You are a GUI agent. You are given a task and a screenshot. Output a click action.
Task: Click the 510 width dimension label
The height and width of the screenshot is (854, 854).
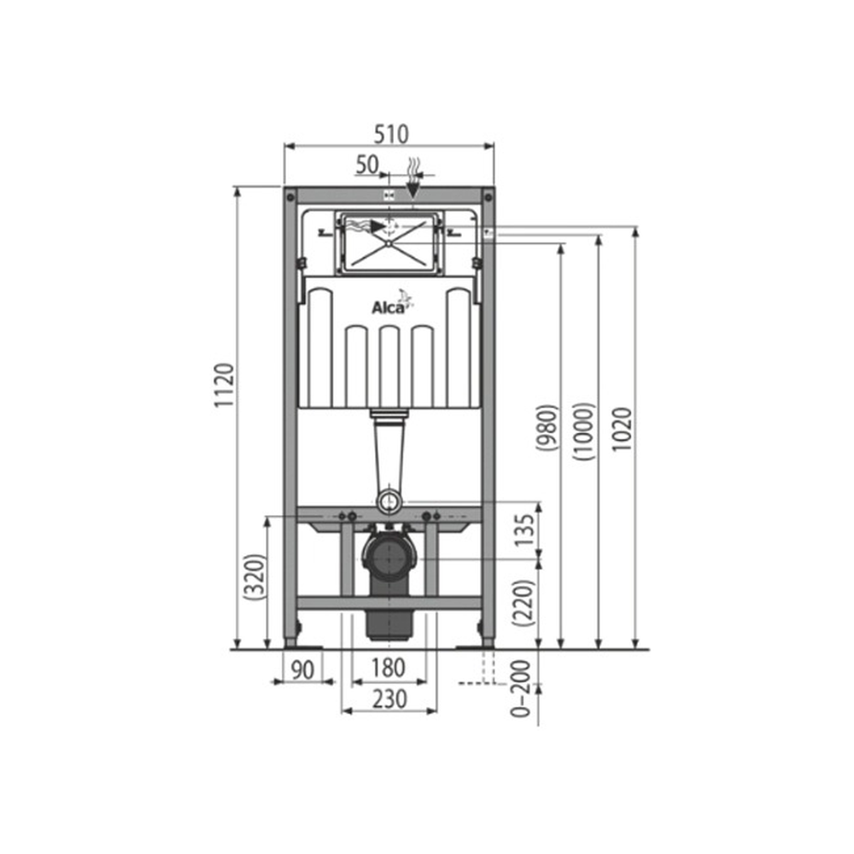[390, 134]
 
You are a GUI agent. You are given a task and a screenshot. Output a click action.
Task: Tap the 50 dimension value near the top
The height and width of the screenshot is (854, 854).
[367, 165]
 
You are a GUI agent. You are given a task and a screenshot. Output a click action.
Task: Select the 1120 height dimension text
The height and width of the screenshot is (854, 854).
[224, 385]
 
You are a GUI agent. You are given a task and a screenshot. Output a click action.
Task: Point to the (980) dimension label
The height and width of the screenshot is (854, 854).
[547, 428]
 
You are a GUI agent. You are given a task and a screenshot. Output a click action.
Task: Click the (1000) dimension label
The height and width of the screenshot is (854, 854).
[584, 432]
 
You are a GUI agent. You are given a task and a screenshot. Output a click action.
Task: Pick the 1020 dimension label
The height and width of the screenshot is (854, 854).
[622, 429]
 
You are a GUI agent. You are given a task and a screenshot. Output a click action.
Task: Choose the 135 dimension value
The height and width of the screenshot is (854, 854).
[525, 530]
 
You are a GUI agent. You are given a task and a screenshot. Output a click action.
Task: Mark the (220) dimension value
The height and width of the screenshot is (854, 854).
[524, 604]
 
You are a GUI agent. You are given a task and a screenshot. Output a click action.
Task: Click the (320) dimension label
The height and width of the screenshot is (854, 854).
[254, 577]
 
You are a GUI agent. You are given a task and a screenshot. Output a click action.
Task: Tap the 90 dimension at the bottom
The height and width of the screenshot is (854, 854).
[303, 670]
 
